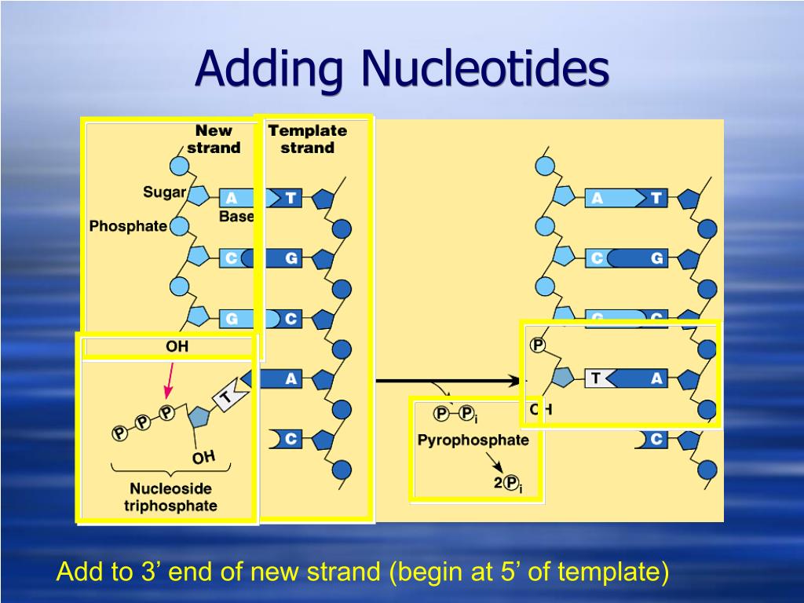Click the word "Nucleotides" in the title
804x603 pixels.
tap(484, 70)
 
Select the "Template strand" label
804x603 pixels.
tap(307, 139)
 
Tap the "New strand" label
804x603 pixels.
tap(214, 139)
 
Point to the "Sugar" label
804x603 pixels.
tap(164, 192)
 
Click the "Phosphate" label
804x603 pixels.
tap(128, 226)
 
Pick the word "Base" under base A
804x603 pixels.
tap(236, 217)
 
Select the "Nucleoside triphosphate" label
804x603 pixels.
tap(170, 497)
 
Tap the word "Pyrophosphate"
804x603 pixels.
tap(473, 440)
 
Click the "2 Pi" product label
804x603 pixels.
tap(507, 484)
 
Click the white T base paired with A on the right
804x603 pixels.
tap(597, 379)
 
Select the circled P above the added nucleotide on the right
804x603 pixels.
tap(538, 345)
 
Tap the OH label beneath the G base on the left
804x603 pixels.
tap(177, 346)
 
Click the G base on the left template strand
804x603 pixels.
tap(291, 258)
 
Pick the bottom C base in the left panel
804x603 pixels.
tap(290, 439)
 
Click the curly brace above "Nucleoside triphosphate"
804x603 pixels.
tap(171, 470)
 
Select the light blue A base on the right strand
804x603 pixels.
tap(598, 199)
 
